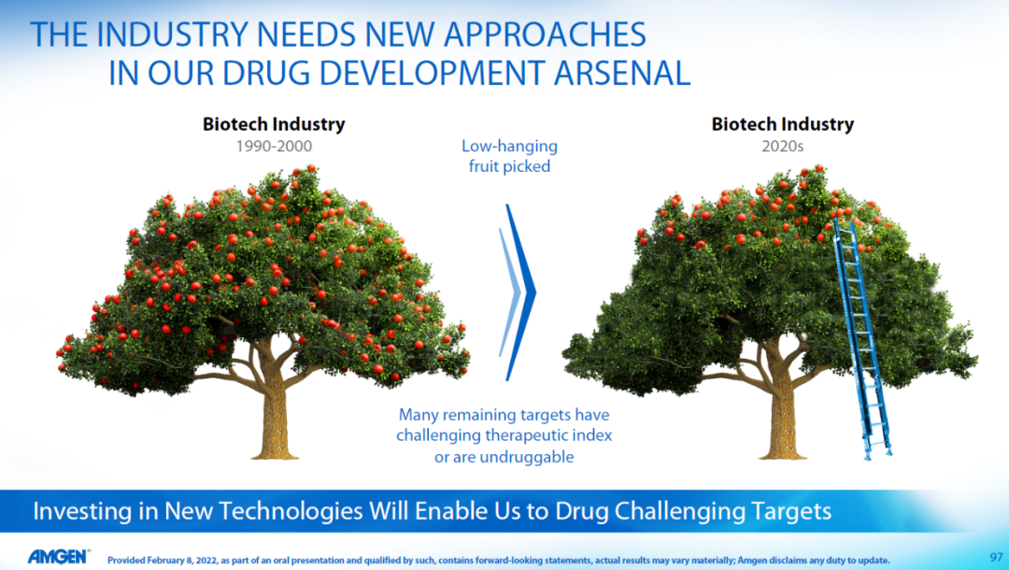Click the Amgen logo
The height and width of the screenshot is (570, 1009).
pos(59,557)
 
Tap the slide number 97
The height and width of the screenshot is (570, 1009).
pos(996,557)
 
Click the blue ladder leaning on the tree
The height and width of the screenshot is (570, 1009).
pos(862,337)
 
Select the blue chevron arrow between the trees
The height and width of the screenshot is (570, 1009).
pos(519,292)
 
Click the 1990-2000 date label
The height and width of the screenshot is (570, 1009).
pos(274,146)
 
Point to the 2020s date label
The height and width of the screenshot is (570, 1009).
pos(783,146)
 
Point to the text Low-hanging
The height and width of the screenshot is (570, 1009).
pos(510,147)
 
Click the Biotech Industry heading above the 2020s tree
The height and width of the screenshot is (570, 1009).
pos(783,124)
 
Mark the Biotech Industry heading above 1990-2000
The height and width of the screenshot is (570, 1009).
pos(274,124)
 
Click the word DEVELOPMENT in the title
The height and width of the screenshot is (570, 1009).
pos(433,73)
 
